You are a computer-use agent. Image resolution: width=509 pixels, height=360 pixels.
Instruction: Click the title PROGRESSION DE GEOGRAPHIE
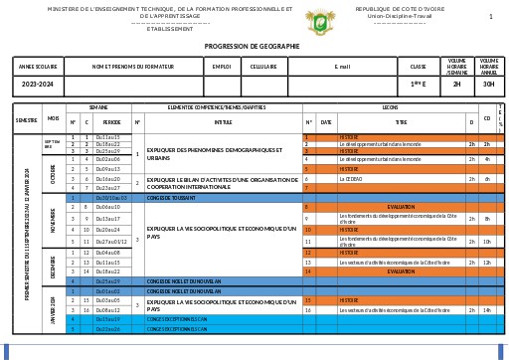click(x=254, y=46)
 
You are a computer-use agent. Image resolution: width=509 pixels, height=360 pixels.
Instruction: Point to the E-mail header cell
click(x=343, y=67)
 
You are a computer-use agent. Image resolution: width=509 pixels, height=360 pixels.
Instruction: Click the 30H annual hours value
click(x=488, y=85)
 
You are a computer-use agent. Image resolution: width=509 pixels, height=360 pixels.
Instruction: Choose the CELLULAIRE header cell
click(x=263, y=67)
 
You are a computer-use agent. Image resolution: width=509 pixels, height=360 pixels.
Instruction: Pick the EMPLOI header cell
click(x=221, y=67)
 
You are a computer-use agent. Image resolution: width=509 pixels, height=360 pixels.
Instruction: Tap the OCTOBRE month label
click(x=52, y=172)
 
